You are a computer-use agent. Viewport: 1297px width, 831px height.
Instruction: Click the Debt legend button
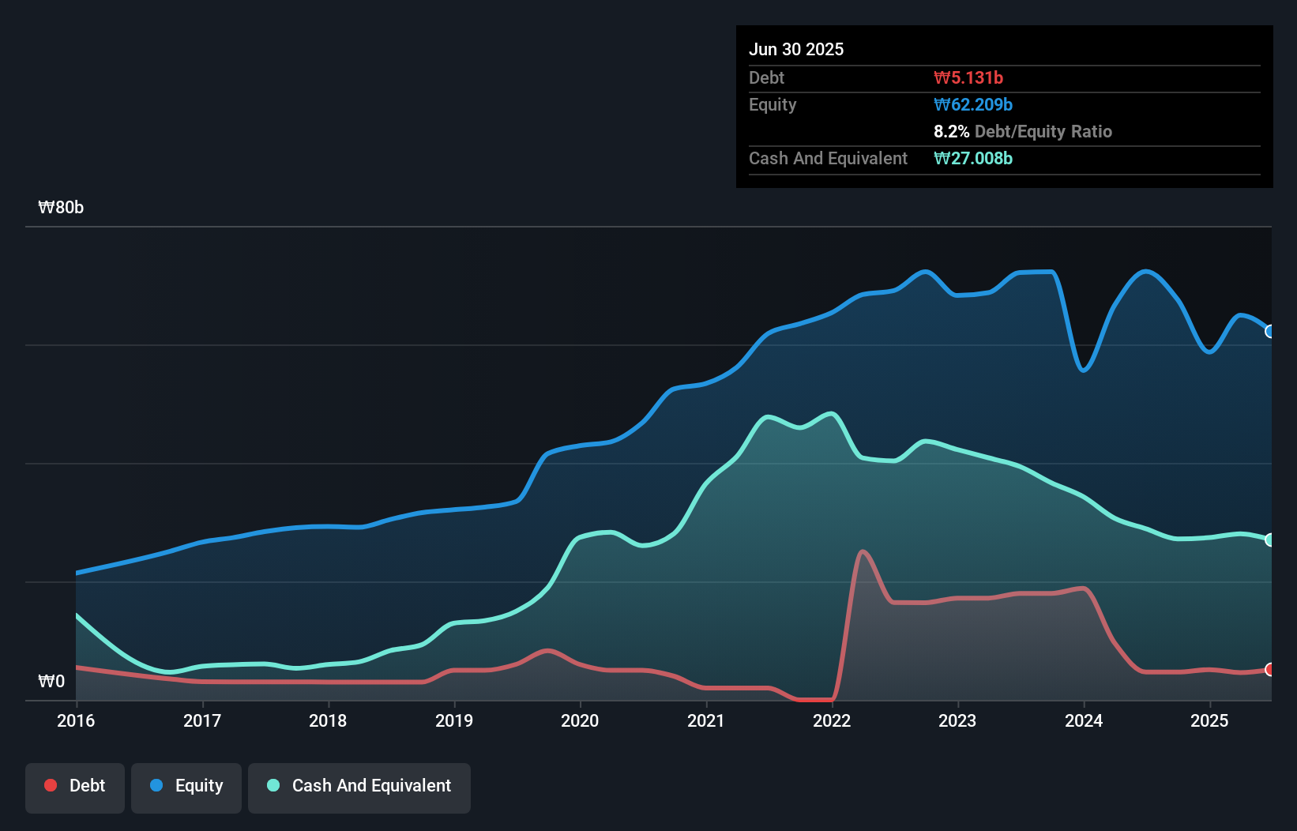tap(75, 787)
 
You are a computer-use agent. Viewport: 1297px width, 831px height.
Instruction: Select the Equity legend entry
tap(186, 787)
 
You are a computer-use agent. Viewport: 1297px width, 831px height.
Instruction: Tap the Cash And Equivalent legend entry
tap(359, 787)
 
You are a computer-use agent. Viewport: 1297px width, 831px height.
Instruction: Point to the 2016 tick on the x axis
tap(76, 720)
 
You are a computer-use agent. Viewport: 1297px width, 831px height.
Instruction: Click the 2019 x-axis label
tap(454, 720)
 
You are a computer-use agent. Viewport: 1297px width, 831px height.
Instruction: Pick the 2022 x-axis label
tap(832, 720)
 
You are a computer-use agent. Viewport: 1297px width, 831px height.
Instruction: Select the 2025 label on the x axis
tap(1209, 720)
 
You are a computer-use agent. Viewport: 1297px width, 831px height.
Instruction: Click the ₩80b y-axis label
tap(61, 208)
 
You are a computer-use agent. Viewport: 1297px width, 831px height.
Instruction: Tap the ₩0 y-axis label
tap(51, 681)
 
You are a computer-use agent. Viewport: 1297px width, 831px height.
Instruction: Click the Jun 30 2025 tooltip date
tap(796, 49)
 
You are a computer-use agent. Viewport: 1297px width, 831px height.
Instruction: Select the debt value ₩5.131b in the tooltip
tap(968, 77)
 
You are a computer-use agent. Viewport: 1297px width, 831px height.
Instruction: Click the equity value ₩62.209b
tap(973, 105)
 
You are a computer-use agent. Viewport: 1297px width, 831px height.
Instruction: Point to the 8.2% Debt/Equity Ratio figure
tap(1022, 132)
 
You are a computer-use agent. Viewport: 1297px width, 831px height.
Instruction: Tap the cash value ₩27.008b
tap(973, 159)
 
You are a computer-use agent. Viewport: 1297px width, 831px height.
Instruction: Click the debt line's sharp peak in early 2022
tap(862, 552)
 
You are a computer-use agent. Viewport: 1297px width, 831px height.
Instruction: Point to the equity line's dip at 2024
tap(1084, 370)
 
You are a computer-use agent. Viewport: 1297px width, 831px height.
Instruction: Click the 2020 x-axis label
tap(580, 720)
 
